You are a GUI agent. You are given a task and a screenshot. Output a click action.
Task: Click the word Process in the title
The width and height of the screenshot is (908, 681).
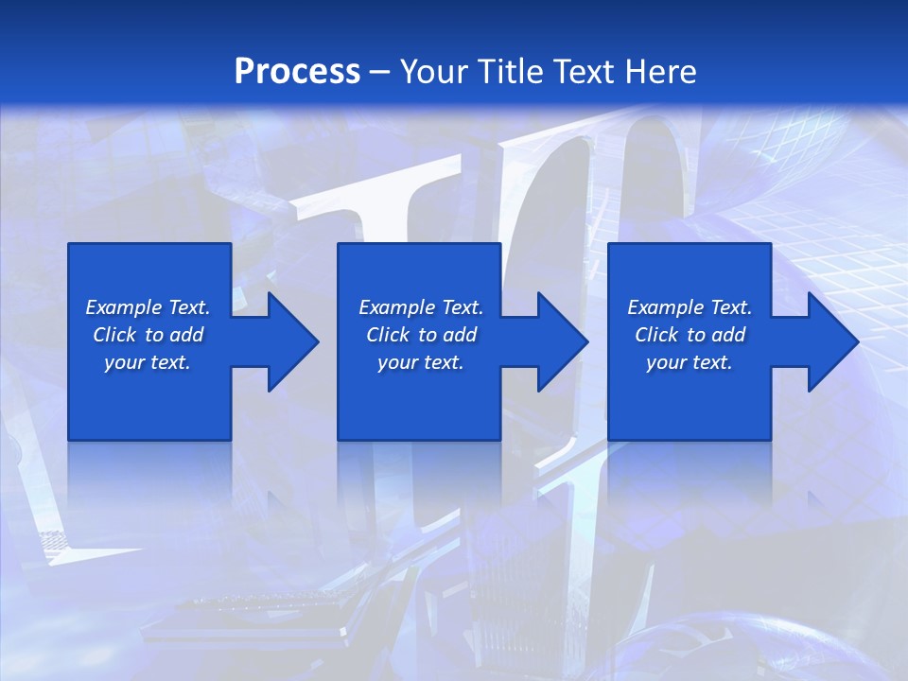297,72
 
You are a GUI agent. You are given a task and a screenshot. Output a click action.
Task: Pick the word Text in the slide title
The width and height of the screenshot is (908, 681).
585,72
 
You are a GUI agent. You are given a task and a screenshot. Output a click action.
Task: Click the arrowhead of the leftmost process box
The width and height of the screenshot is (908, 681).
289,341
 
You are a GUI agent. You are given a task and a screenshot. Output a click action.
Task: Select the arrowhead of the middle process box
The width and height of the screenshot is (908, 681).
559,341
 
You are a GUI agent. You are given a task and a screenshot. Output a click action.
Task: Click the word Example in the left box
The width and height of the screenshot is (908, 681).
123,307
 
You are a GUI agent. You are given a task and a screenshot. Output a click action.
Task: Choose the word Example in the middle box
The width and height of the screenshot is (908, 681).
396,307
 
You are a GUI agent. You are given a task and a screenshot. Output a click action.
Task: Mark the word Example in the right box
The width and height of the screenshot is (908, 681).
665,307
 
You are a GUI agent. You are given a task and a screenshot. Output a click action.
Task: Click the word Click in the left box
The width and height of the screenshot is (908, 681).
114,335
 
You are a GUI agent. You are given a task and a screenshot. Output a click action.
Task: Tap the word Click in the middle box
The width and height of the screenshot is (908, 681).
388,335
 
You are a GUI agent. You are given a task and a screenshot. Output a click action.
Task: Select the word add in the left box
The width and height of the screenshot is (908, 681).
187,335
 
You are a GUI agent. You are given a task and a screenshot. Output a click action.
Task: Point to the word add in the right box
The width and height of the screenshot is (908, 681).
729,335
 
